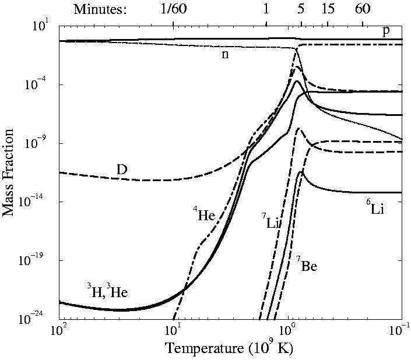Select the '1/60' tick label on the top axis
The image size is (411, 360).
(x=173, y=9)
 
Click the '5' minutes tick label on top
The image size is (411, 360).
(x=301, y=9)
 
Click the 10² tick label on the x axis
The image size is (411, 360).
(x=59, y=330)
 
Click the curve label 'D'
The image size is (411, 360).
(x=122, y=170)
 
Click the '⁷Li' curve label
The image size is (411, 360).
(x=270, y=221)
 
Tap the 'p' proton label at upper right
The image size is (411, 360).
(x=385, y=30)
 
